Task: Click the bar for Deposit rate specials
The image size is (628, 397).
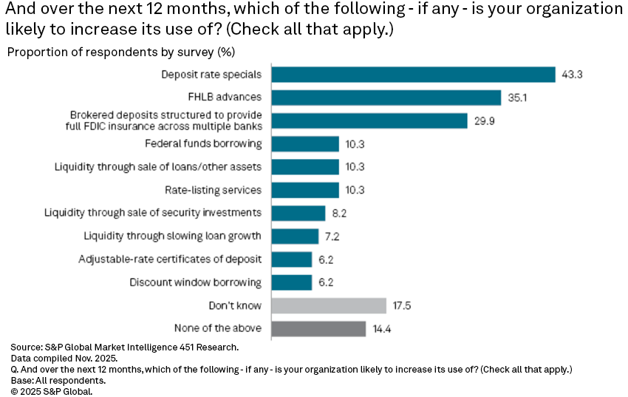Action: pyautogui.click(x=413, y=75)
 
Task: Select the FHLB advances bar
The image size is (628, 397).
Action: pyautogui.click(x=386, y=98)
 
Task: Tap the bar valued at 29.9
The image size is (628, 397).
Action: pyautogui.click(x=369, y=121)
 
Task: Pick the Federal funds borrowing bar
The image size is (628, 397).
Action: pyautogui.click(x=305, y=143)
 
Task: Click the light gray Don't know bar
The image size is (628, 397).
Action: pyautogui.click(x=329, y=305)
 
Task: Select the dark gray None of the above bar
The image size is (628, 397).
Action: pyautogui.click(x=318, y=328)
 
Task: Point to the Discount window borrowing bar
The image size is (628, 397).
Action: pyautogui.click(x=292, y=282)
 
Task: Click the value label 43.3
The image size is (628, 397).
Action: pyautogui.click(x=572, y=75)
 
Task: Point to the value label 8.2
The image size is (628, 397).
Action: pyautogui.click(x=339, y=213)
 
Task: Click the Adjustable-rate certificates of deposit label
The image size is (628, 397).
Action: pyautogui.click(x=170, y=259)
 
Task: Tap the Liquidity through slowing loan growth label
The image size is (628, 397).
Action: pyautogui.click(x=172, y=237)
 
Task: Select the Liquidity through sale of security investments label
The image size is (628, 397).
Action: pyautogui.click(x=153, y=213)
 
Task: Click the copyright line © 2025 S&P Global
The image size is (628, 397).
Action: pyautogui.click(x=52, y=390)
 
